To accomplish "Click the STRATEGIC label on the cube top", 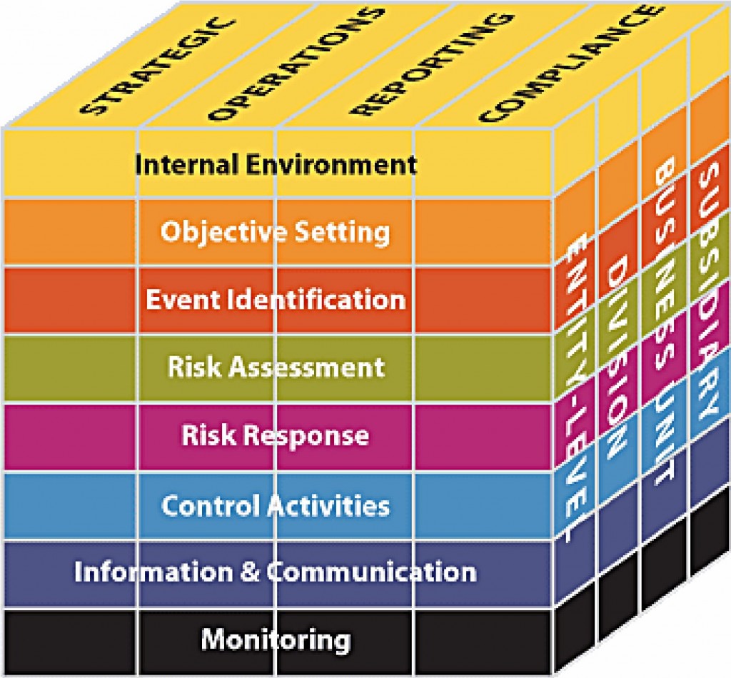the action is pyautogui.click(x=158, y=66).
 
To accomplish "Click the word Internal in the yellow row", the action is pyautogui.click(x=187, y=164).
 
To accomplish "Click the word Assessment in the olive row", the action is pyautogui.click(x=308, y=367).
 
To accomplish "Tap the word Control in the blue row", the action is pyautogui.click(x=211, y=505).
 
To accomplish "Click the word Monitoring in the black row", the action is pyautogui.click(x=276, y=639).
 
